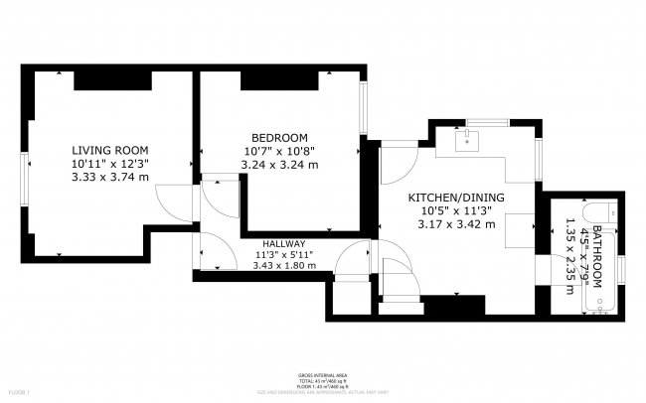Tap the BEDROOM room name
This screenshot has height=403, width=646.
point(278,137)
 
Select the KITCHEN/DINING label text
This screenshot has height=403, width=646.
point(456,199)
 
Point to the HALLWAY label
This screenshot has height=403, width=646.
point(283,244)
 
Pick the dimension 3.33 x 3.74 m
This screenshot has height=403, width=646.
point(109,177)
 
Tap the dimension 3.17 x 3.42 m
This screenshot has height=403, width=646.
point(456,225)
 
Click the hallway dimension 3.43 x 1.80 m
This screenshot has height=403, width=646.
point(283,266)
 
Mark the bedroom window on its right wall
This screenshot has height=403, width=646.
point(364,105)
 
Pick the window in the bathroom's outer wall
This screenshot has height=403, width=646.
point(620,267)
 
